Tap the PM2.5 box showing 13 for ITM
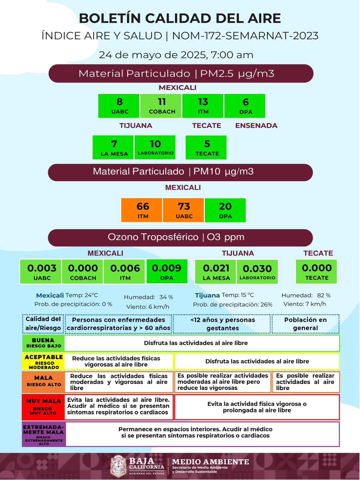click(203, 106)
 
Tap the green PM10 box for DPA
click(225, 210)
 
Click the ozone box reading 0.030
click(257, 272)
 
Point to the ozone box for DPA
click(167, 271)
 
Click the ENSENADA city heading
click(256, 126)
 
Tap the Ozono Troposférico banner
click(180, 237)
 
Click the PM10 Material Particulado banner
click(180, 172)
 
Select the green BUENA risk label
click(43, 343)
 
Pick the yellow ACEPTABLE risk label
click(43, 361)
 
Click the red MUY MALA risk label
click(43, 407)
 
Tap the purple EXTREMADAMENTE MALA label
click(43, 434)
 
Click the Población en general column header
click(305, 324)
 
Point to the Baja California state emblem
click(118, 466)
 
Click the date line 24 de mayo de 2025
click(176, 55)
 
